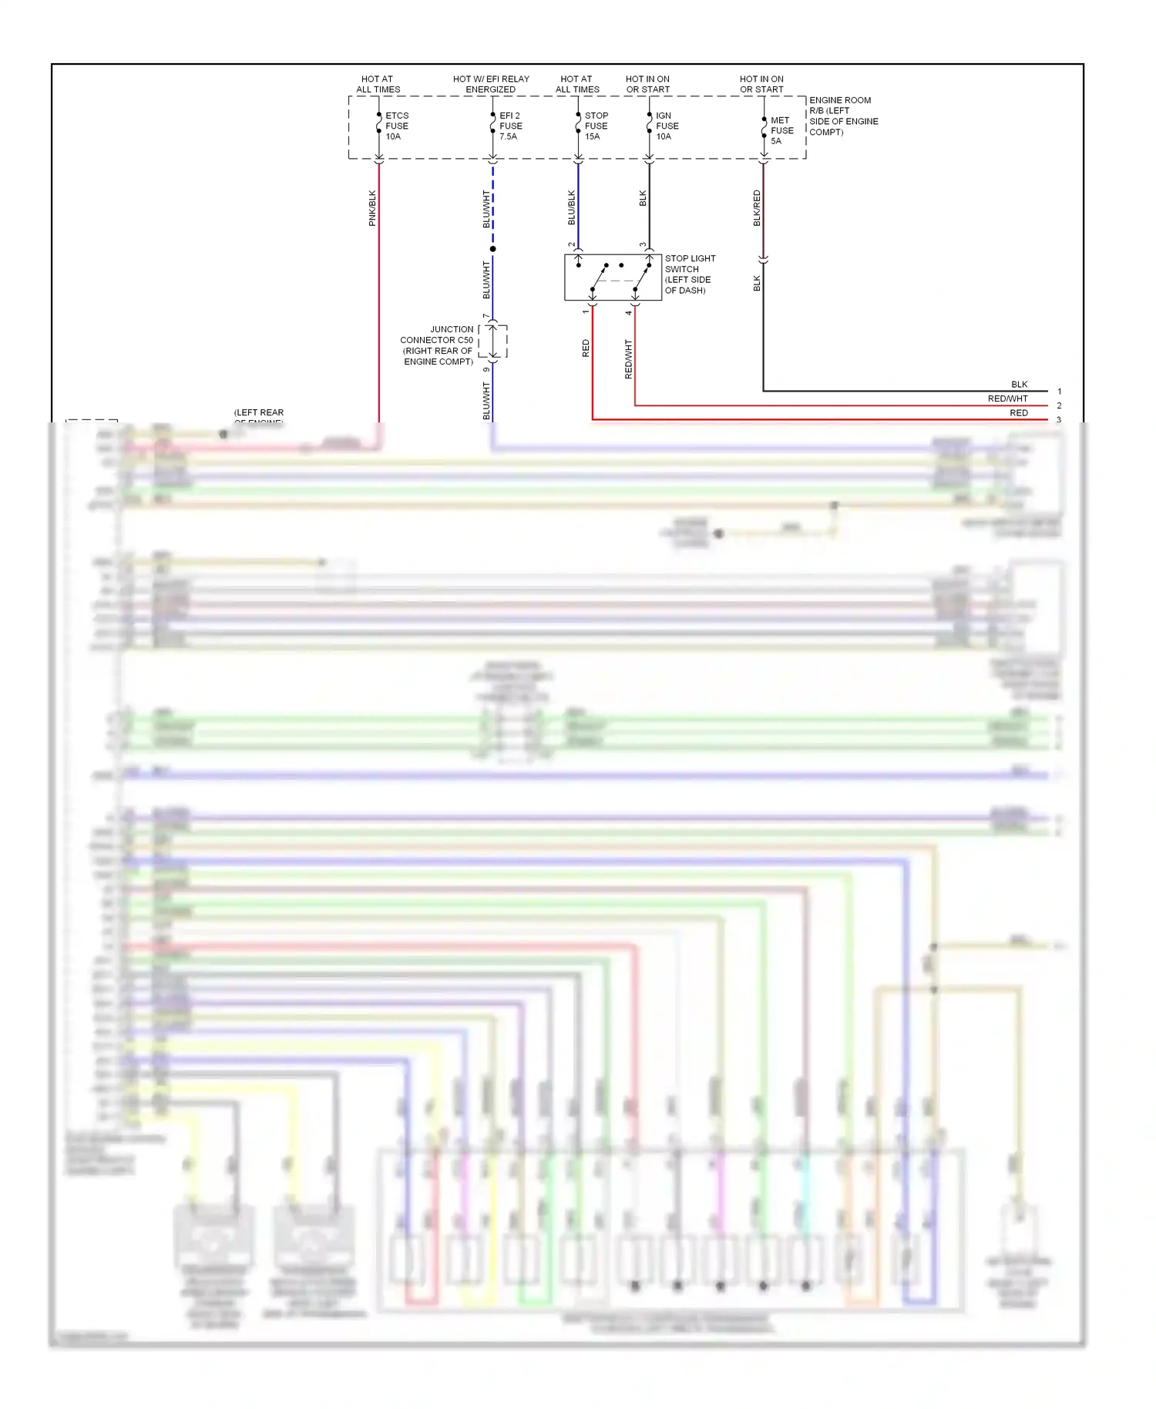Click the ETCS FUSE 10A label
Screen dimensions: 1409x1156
pyautogui.click(x=396, y=126)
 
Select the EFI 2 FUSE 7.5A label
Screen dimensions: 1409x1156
pyautogui.click(x=510, y=126)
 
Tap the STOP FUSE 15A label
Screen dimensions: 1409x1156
pyautogui.click(x=596, y=126)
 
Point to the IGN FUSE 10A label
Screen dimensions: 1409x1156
pyautogui.click(x=667, y=126)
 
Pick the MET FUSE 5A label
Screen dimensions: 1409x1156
pyautogui.click(x=781, y=131)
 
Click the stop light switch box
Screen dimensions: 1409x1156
pyautogui.click(x=613, y=277)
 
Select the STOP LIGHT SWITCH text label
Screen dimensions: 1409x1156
pyautogui.click(x=690, y=274)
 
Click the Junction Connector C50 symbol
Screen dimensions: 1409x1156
pyautogui.click(x=493, y=341)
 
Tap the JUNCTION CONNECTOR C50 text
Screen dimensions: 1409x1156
pyautogui.click(x=437, y=345)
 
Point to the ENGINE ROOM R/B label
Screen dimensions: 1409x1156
pyautogui.click(x=843, y=116)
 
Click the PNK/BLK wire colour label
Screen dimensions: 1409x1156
pyautogui.click(x=372, y=208)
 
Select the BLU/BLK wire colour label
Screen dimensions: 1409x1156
pyautogui.click(x=572, y=208)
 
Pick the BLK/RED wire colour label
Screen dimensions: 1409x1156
pyautogui.click(x=757, y=208)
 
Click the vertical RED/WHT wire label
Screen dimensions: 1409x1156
pyautogui.click(x=628, y=359)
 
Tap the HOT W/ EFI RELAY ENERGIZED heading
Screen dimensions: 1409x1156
pyautogui.click(x=491, y=84)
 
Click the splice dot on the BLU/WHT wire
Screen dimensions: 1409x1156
pyautogui.click(x=493, y=249)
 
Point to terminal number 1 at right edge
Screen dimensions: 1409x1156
pyautogui.click(x=1060, y=392)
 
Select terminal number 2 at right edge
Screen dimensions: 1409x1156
pyautogui.click(x=1060, y=405)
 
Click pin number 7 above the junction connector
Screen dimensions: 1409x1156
pyautogui.click(x=486, y=317)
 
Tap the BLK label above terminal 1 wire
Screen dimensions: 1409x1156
pyautogui.click(x=1019, y=385)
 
